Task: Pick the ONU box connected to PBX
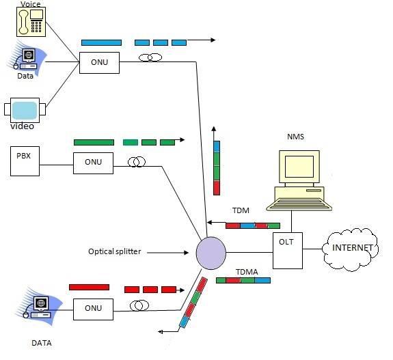click(x=93, y=163)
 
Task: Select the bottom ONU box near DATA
click(x=93, y=308)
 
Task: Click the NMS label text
click(x=295, y=137)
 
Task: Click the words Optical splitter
click(x=114, y=251)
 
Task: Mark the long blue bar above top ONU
click(x=101, y=42)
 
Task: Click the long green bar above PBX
click(x=94, y=142)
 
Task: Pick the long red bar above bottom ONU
click(x=89, y=287)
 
